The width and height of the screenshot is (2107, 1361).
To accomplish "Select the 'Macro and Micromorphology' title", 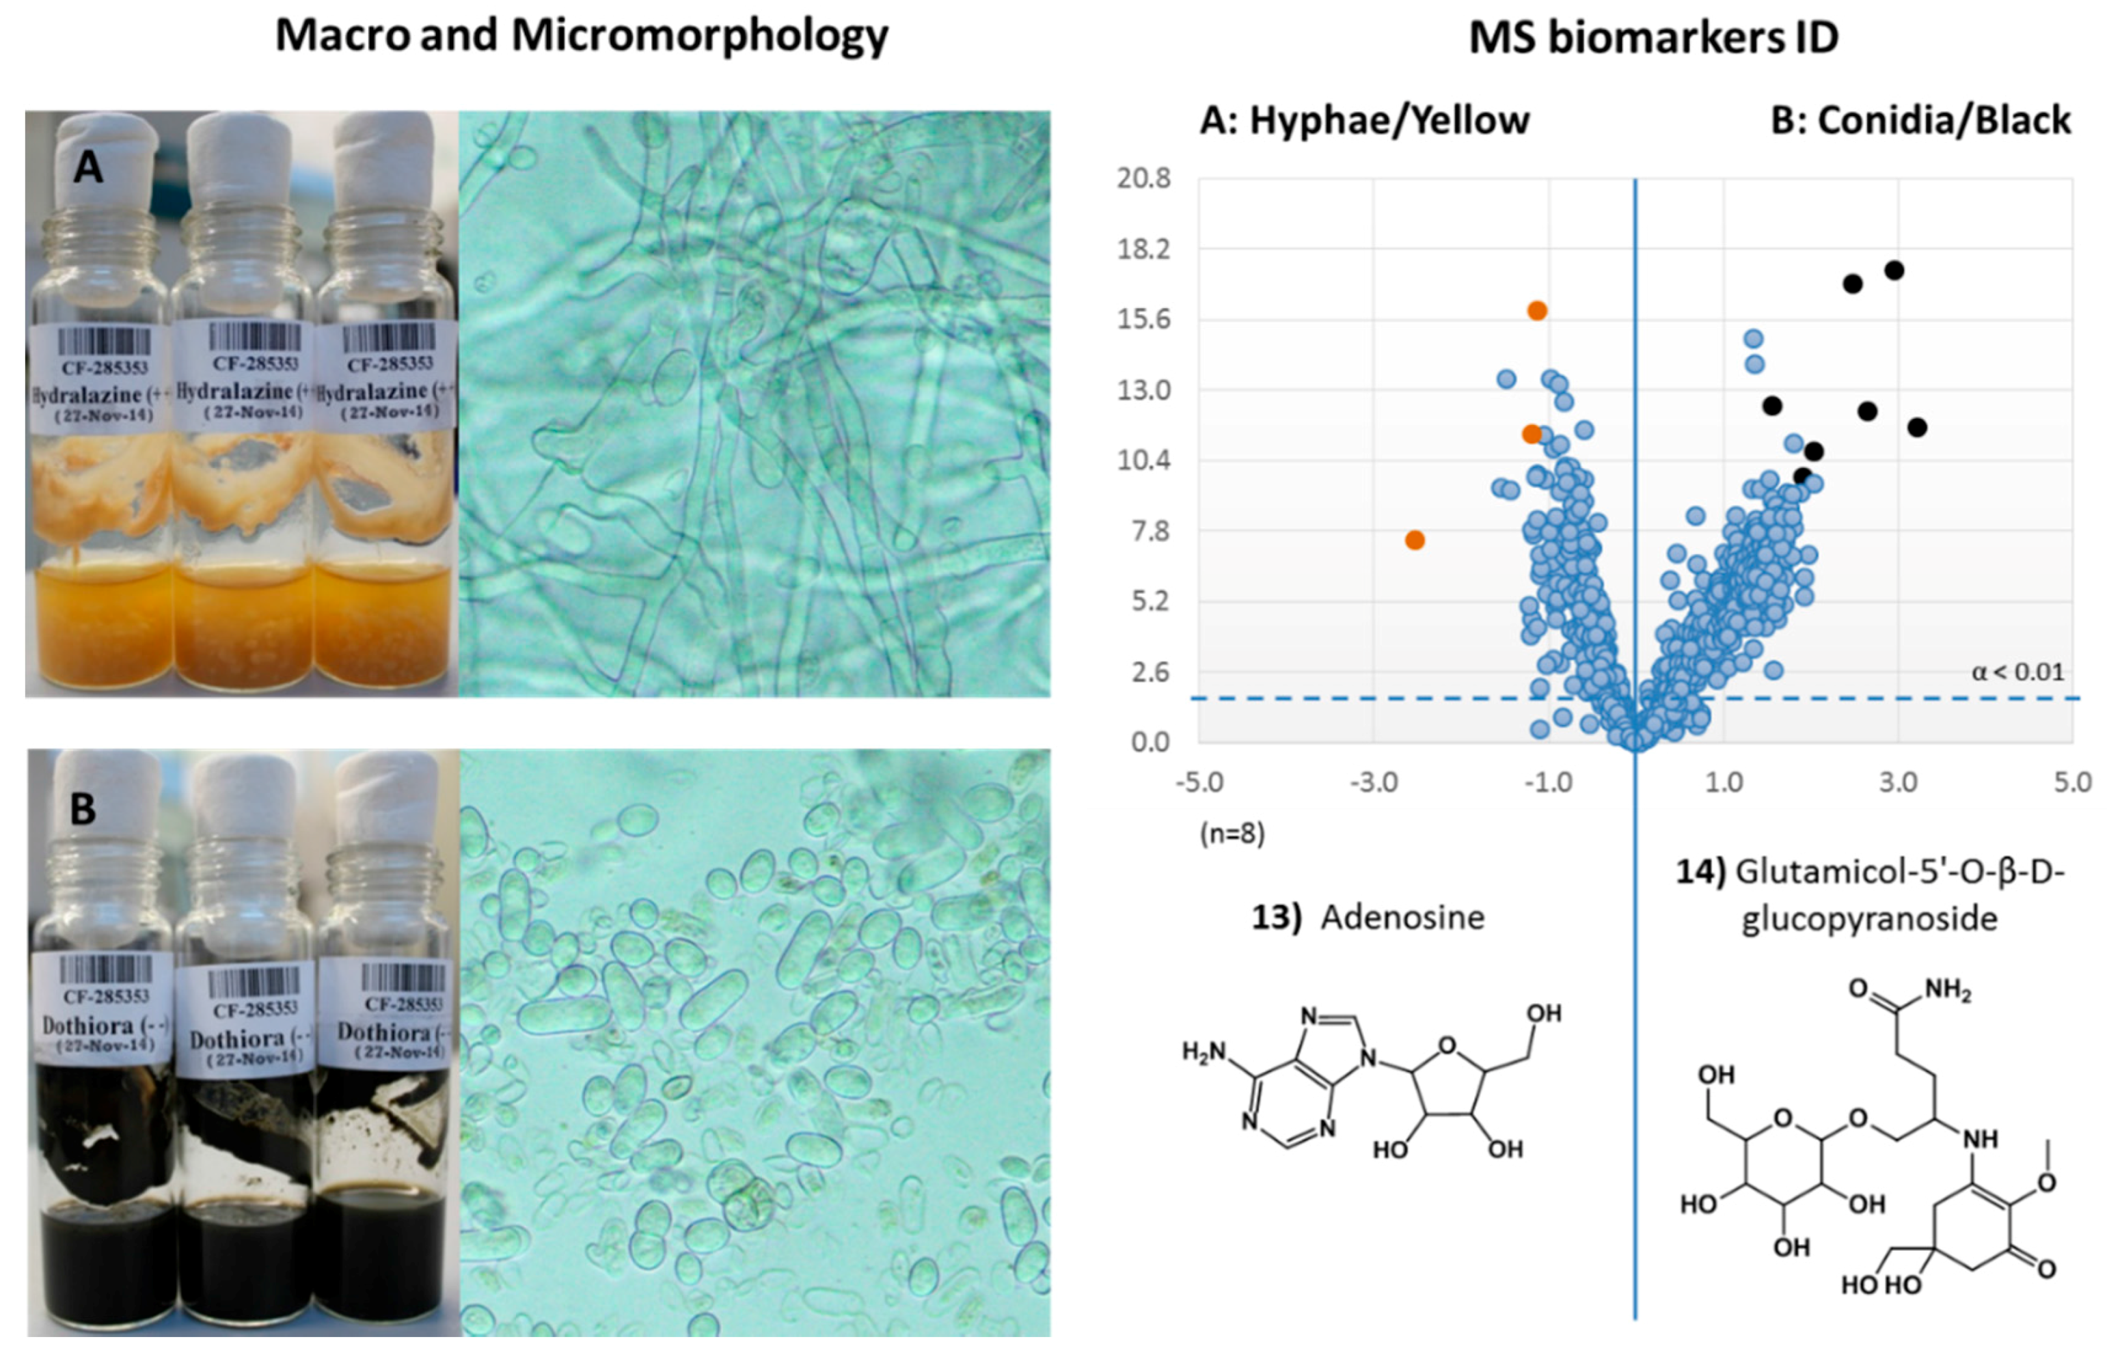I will click(x=582, y=36).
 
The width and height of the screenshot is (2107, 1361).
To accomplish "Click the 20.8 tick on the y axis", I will click(x=1143, y=178).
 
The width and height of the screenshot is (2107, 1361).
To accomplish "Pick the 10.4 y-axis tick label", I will click(x=1143, y=460).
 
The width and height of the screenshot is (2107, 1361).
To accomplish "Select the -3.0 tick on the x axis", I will click(x=1374, y=782).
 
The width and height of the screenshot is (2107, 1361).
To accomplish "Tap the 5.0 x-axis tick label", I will click(x=2071, y=782).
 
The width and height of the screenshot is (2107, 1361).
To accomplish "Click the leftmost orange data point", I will click(x=1414, y=540).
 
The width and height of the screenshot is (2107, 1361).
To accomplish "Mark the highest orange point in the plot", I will click(x=1537, y=311).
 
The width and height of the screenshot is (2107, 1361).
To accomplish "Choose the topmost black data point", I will click(x=1893, y=271).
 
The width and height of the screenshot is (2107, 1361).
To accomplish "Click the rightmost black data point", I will click(x=1916, y=428).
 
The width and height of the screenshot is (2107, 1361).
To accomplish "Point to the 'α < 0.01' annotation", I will click(x=2017, y=672).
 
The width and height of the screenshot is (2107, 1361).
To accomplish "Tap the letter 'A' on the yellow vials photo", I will click(x=87, y=167).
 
